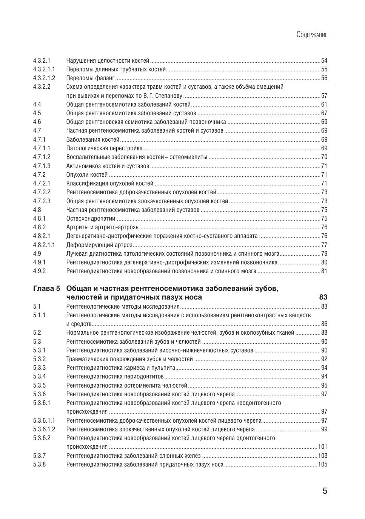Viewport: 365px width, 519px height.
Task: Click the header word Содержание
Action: [312, 35]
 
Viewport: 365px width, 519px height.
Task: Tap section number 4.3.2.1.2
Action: [44, 78]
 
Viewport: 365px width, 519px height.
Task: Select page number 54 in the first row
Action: [324, 61]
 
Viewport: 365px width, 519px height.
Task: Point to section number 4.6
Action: [37, 122]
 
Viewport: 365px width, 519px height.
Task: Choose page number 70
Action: [324, 157]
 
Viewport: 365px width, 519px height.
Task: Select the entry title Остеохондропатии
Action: [91, 219]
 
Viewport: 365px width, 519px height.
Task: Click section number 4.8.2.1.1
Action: [44, 245]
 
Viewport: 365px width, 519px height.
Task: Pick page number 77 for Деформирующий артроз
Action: [324, 245]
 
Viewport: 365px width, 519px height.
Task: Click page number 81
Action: [324, 271]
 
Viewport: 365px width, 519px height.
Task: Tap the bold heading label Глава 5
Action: [46, 289]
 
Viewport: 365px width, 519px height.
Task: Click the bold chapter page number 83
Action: [323, 297]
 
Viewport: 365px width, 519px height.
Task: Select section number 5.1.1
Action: [39, 315]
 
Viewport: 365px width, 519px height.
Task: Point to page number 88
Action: [324, 333]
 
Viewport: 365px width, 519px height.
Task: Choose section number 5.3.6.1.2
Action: [44, 429]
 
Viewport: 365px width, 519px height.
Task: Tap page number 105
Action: [323, 465]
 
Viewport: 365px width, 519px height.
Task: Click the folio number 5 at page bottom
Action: [325, 491]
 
